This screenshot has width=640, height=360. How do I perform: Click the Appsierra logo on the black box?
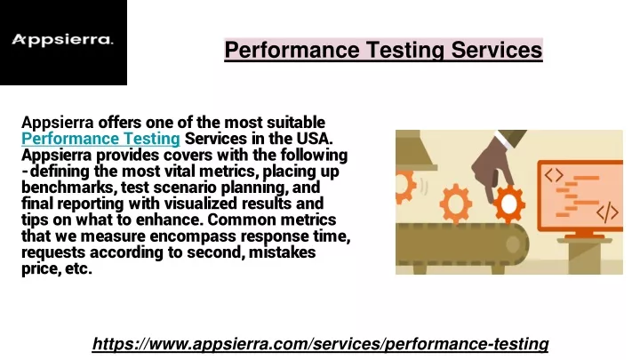62,40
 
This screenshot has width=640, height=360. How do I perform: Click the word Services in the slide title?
497,50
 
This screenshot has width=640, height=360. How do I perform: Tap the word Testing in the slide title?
404,51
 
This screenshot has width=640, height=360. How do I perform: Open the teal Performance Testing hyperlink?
100,139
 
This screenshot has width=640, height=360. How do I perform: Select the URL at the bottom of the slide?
320,344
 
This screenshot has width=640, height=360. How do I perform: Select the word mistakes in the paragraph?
282,252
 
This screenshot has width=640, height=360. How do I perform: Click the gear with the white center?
509,204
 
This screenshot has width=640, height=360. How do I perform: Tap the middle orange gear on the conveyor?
456,204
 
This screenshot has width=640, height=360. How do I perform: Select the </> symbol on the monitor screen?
607,212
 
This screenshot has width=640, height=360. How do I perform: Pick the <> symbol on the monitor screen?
554,175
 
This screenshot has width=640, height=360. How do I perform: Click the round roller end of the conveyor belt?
513,244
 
